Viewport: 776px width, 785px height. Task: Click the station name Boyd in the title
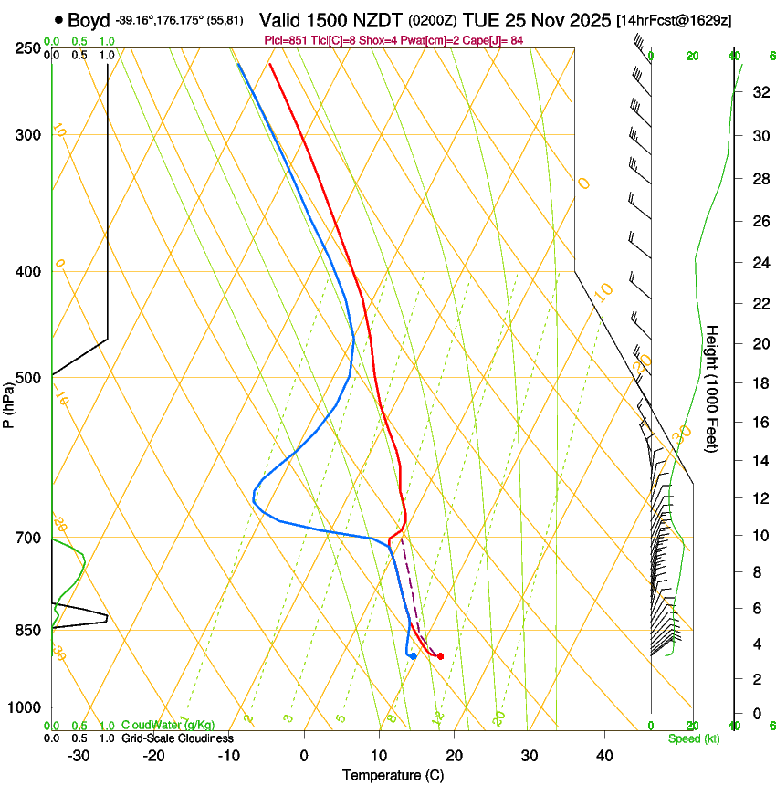tap(89, 20)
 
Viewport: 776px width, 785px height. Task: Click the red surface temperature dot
tap(440, 656)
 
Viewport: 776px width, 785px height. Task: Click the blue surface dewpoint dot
tap(414, 656)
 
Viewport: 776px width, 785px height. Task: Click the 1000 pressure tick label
tap(26, 707)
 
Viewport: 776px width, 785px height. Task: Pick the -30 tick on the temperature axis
tap(79, 756)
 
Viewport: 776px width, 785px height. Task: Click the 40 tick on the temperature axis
tap(603, 756)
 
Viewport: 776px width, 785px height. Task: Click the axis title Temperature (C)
tap(393, 775)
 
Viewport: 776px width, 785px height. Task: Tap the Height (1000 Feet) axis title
tap(713, 389)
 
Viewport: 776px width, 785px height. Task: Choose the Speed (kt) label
tap(693, 738)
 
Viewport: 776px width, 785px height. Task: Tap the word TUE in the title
tap(482, 20)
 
